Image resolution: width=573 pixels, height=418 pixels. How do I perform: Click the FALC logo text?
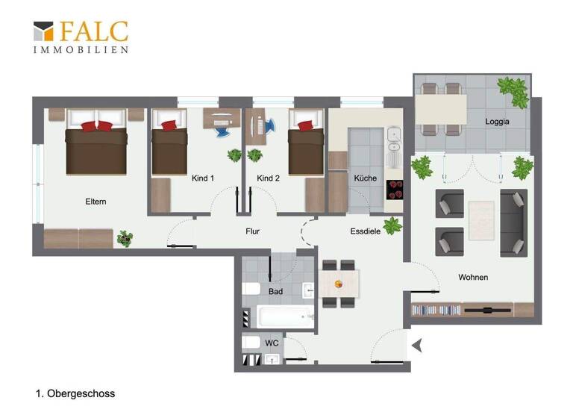pos(93,32)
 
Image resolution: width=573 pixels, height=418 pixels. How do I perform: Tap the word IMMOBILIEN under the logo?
pos(81,50)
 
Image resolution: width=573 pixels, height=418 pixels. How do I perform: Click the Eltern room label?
pos(95,202)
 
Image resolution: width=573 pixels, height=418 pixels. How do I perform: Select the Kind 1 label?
pos(203,178)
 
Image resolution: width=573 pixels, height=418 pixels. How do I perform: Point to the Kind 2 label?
pos(268,178)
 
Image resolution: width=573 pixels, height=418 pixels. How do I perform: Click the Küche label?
pos(366,178)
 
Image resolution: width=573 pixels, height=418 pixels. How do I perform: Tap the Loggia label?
pos(496,121)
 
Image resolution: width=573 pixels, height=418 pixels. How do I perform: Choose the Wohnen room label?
pos(473,277)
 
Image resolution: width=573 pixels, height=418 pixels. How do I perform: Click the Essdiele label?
pos(366,231)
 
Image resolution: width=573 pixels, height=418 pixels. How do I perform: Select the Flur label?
pos(253,231)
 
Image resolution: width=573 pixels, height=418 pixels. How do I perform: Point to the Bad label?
pos(275,291)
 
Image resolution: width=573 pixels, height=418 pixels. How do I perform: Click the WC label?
pos(272,343)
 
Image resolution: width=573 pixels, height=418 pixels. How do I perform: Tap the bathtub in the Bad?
pos(285,316)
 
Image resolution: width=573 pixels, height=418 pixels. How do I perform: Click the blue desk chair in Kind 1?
pos(222,130)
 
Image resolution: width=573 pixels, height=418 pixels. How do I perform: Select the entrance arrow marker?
pos(417,345)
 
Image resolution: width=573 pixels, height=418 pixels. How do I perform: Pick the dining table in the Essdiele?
pos(339,284)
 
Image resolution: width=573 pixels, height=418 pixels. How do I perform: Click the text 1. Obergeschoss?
pos(75,393)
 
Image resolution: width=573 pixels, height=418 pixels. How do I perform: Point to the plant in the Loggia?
pos(513,91)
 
